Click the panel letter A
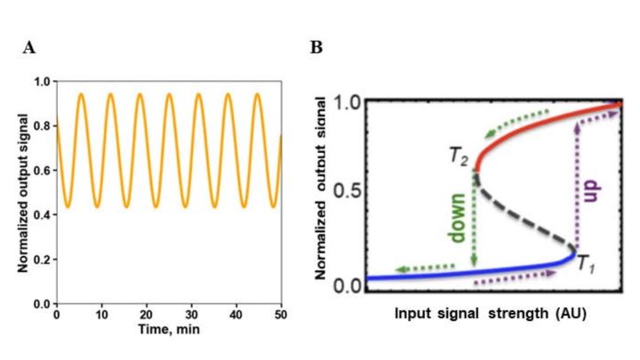pyautogui.click(x=29, y=48)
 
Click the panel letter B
pyautogui.click(x=316, y=48)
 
